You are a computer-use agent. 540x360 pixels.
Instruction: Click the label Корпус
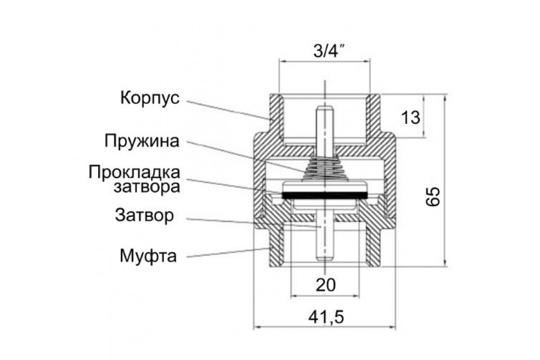point(149,98)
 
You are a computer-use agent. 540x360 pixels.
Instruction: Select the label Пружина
point(142,141)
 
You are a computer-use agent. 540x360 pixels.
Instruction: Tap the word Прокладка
point(135,172)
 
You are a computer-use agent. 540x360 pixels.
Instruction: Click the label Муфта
point(148,256)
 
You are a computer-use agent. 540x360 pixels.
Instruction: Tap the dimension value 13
point(410,118)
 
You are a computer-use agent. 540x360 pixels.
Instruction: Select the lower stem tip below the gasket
point(324,255)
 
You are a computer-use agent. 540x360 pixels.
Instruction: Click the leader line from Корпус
point(225,109)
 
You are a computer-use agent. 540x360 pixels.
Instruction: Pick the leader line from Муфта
point(225,252)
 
